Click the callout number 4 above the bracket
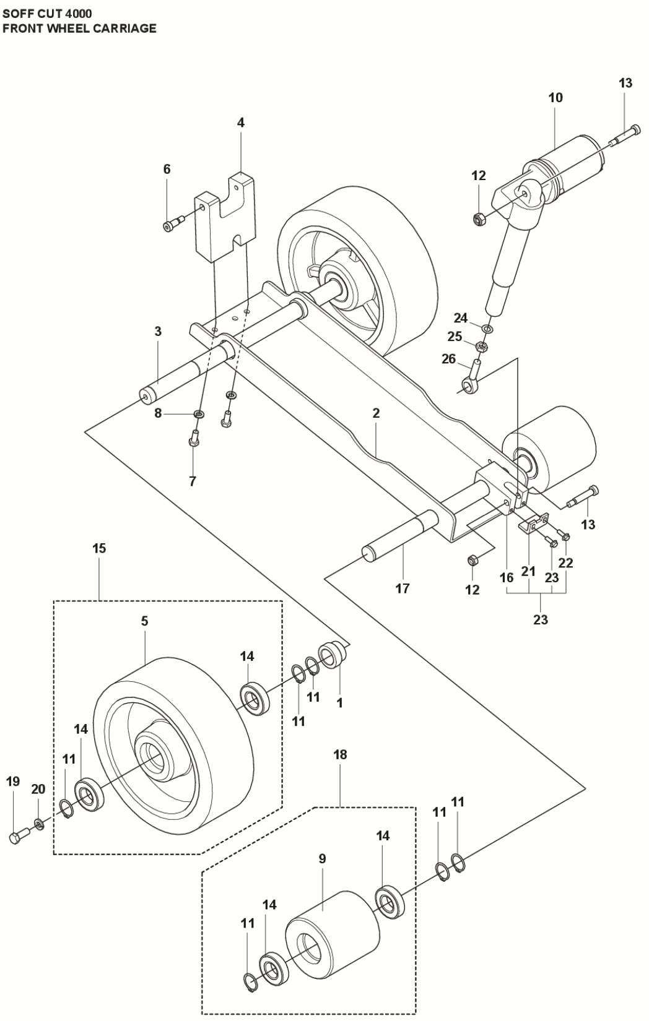tap(241, 123)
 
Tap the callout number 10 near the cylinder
tap(555, 98)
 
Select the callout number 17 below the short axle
tap(403, 588)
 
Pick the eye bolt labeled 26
tap(471, 377)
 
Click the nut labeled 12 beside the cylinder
tap(478, 218)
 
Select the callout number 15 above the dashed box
tap(99, 549)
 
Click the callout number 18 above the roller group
tap(340, 755)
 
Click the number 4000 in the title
tap(77, 12)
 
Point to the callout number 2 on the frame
tap(376, 413)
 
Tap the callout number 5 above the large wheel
tap(144, 621)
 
